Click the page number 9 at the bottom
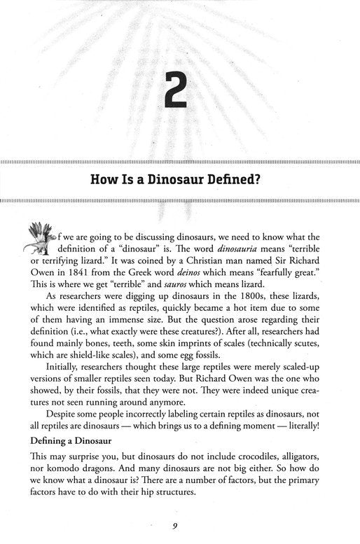pos(180,528)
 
